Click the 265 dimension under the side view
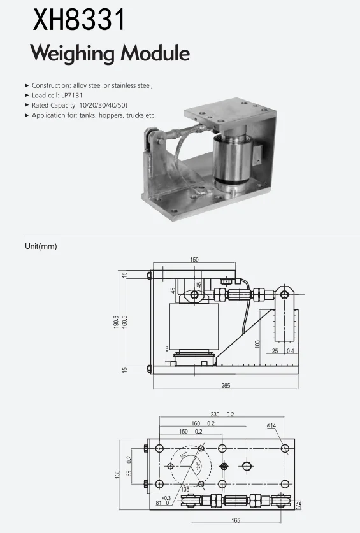click(226, 386)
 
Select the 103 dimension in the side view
click(257, 344)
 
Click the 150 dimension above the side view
click(194, 260)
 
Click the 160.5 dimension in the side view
click(125, 327)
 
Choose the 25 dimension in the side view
click(275, 351)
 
